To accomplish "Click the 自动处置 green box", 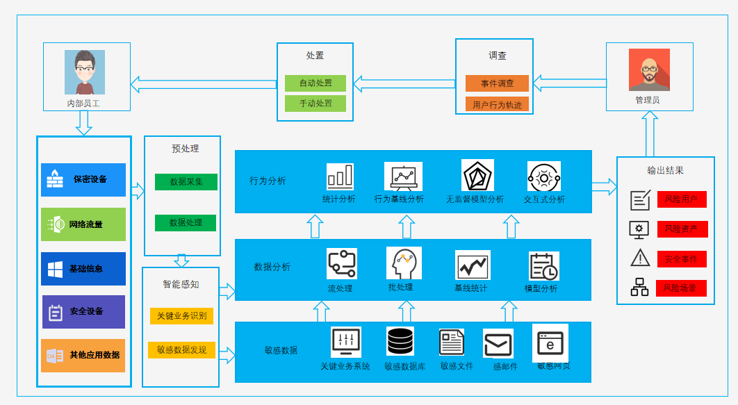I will coord(315,83).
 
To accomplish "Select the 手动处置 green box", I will coord(315,104).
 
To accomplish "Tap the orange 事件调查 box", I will coord(497,83).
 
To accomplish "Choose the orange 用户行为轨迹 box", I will coord(497,105).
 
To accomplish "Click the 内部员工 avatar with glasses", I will coord(85,72).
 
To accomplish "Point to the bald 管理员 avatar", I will coord(649,69).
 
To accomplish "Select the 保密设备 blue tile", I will coord(83,180).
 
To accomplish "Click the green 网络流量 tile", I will coord(83,224).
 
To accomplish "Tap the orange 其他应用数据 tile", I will coord(83,355).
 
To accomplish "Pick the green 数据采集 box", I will coord(186,182).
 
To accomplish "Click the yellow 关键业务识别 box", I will coord(181,316).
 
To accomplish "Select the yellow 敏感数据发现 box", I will coord(181,350).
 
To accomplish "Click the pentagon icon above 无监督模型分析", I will coord(477,176).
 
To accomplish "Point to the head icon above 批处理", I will coord(404,263).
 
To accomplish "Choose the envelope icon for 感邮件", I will coord(498,344).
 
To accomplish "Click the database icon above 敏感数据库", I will coord(400,341).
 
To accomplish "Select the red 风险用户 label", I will coord(681,199).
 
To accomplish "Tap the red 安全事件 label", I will coord(681,259).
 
